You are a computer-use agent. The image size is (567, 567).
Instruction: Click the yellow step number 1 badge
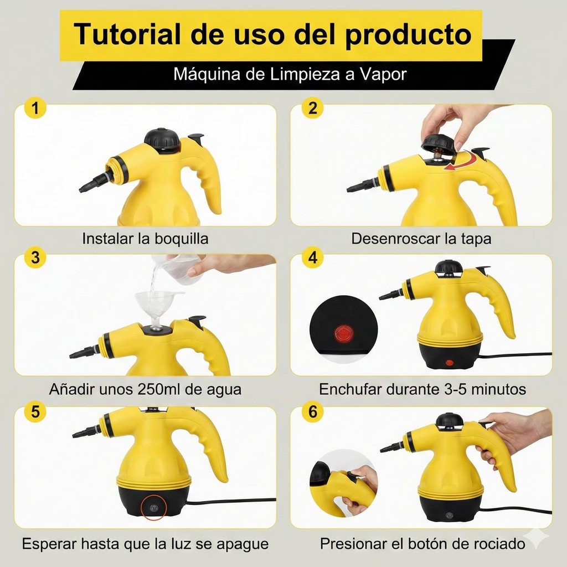coord(35,109)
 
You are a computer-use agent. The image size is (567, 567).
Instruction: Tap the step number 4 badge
coord(313,257)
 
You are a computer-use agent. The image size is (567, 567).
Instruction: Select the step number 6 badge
coord(313,412)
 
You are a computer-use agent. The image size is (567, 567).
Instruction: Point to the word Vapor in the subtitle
coord(383,74)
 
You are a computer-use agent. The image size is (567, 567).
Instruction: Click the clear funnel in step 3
coord(159,305)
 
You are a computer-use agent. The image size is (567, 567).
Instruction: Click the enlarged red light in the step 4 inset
coord(344,333)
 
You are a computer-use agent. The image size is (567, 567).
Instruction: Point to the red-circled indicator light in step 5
coord(151,507)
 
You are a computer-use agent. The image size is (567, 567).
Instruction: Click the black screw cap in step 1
coord(162,140)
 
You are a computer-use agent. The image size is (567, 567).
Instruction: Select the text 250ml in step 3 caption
coord(162,389)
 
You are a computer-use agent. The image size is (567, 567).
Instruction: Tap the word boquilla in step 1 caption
coord(181,239)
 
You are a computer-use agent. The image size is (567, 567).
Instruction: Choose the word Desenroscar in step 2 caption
coord(396,239)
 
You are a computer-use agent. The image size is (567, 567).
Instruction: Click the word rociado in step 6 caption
coord(493,544)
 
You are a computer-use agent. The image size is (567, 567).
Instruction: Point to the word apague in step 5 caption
coord(240,544)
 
